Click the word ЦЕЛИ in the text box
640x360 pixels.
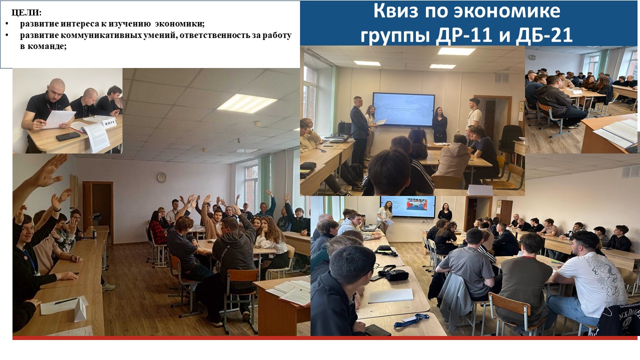[x=25, y=12]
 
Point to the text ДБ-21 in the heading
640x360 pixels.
[x=543, y=35]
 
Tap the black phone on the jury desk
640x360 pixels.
[x=68, y=136]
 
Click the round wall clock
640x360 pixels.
[x=161, y=177]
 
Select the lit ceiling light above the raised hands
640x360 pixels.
[x=246, y=103]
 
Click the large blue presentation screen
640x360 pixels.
[x=403, y=109]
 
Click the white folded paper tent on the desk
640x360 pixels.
[x=81, y=308]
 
